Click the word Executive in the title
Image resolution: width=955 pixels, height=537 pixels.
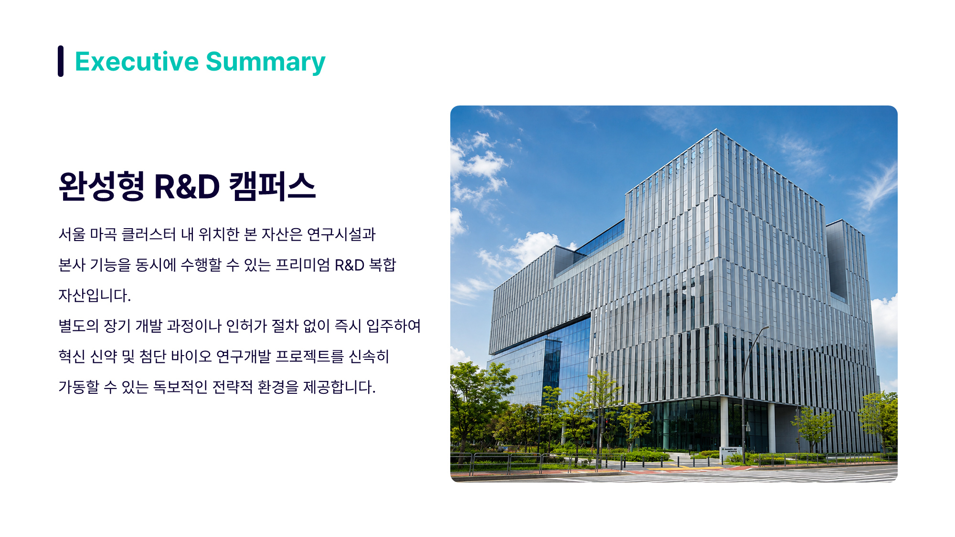coord(137,62)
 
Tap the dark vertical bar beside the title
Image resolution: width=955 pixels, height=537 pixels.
coord(61,61)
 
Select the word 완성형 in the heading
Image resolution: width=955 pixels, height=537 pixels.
coord(101,186)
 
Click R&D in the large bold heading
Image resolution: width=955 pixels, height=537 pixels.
coord(187,186)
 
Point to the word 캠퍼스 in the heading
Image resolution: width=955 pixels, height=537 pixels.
coord(272,186)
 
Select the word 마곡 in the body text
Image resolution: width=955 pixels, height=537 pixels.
coord(103,234)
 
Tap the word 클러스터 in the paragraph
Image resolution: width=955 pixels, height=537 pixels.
coord(149,234)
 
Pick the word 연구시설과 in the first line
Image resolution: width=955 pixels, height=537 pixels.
coord(341,234)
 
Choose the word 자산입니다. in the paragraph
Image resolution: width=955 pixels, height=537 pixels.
coord(95,295)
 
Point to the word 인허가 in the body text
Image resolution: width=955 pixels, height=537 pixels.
coord(246,326)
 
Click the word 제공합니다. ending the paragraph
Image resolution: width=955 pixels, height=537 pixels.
coord(340,387)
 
